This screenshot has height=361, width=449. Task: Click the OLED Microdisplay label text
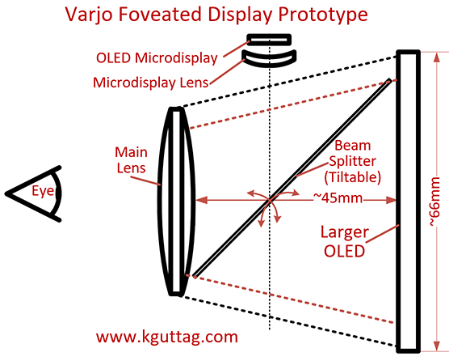tap(157, 58)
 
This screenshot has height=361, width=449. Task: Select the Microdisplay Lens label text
tap(151, 83)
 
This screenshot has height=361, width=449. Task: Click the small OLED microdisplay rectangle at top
tap(269, 40)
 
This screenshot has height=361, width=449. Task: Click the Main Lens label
tap(131, 159)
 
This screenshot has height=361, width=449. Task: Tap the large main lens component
tap(176, 202)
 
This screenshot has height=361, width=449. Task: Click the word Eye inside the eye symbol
tap(43, 191)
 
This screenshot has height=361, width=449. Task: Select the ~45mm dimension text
tap(338, 197)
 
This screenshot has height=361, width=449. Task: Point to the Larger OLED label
tap(345, 242)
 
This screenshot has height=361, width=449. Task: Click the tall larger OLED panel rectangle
tap(409, 202)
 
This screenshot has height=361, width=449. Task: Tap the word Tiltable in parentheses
tap(353, 177)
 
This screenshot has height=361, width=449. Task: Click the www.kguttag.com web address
tap(167, 337)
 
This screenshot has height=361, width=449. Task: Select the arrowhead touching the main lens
tap(201, 200)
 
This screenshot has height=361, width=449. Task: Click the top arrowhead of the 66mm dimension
tap(436, 57)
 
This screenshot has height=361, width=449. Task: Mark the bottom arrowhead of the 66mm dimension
tap(436, 346)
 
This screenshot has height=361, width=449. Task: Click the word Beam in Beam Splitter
tap(353, 146)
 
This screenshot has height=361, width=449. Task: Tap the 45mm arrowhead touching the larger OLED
tap(391, 200)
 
